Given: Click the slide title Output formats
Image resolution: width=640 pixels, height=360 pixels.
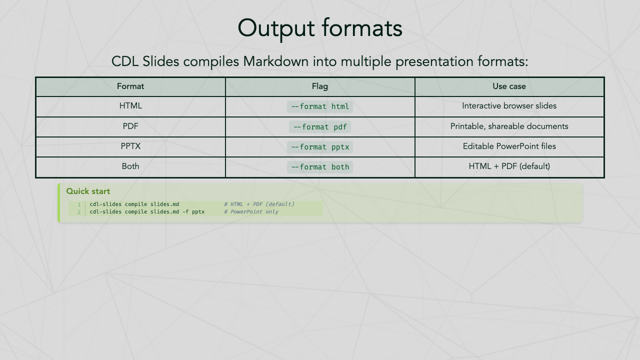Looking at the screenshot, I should click(x=320, y=28).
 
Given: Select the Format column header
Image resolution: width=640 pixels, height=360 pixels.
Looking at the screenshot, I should click(x=130, y=86).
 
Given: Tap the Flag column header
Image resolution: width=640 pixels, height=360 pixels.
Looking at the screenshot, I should click(x=320, y=86).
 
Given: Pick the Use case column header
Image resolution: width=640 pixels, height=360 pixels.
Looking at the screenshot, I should click(x=509, y=86).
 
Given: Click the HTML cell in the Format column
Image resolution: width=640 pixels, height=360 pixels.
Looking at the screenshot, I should click(x=130, y=106).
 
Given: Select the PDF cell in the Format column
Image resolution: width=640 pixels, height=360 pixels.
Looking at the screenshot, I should click(x=130, y=126).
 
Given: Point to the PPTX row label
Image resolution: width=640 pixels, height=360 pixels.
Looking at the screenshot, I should click(x=130, y=146).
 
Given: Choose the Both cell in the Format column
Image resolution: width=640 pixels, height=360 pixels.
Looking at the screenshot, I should click(x=130, y=166).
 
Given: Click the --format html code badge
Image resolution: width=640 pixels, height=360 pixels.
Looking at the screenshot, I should click(x=320, y=106).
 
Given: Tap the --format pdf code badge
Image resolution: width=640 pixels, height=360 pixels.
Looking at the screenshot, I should click(x=320, y=127).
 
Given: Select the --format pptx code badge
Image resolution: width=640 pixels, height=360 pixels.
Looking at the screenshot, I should click(x=320, y=147).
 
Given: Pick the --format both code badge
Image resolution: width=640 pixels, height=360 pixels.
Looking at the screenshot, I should click(x=320, y=167).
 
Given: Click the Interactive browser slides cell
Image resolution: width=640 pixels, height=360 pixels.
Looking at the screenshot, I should click(x=509, y=106).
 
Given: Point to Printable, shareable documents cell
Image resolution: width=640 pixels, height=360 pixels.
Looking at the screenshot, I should click(x=509, y=126).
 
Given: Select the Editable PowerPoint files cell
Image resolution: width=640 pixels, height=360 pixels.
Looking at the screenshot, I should click(x=509, y=146).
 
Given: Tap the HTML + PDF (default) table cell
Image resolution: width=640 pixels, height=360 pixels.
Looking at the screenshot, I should click(x=509, y=166).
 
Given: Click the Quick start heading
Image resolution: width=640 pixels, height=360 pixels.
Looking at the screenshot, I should click(x=88, y=191).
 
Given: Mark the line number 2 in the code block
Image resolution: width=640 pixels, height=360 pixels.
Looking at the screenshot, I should click(x=79, y=212).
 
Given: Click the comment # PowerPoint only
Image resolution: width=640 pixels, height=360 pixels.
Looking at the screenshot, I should click(x=251, y=212).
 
